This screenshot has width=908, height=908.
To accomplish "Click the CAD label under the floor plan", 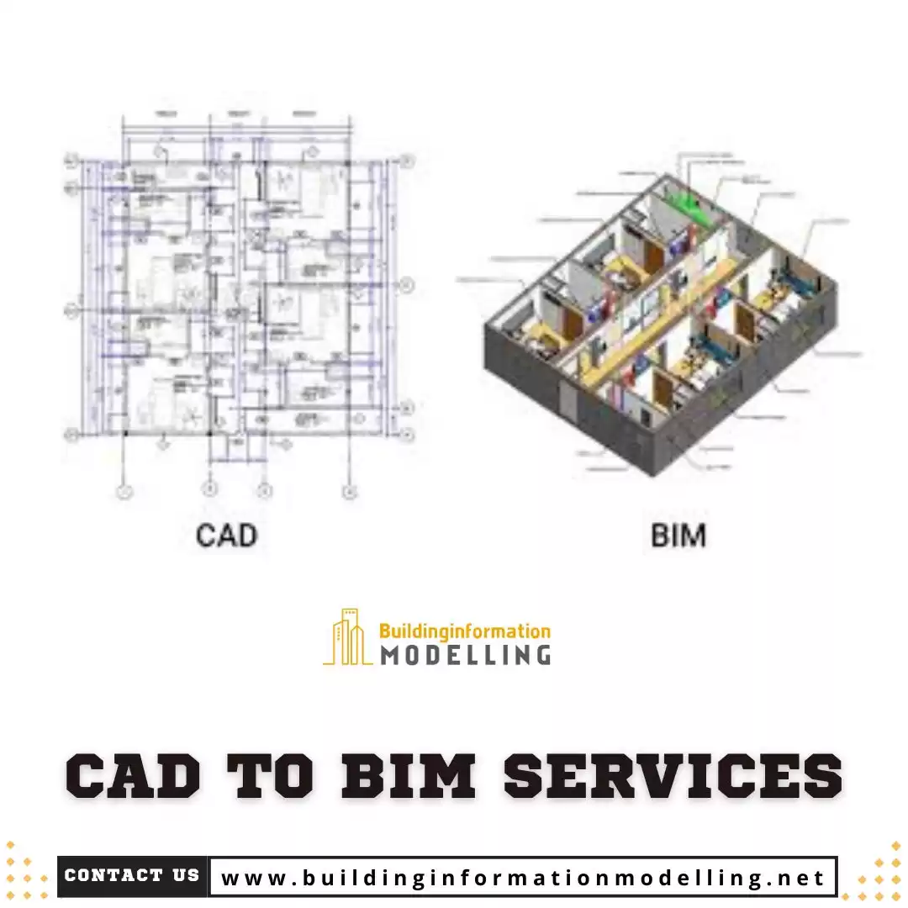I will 226,535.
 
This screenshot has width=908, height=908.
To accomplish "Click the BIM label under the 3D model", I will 678,535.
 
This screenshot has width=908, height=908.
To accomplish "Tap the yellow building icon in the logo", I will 347,637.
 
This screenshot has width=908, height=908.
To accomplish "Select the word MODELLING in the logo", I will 465,654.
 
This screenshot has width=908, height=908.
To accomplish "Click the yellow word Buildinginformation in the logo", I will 465,631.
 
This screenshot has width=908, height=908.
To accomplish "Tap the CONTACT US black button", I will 132,876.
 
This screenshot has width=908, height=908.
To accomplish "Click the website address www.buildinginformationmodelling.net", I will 522,878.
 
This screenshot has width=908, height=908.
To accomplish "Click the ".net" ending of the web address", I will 798,879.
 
